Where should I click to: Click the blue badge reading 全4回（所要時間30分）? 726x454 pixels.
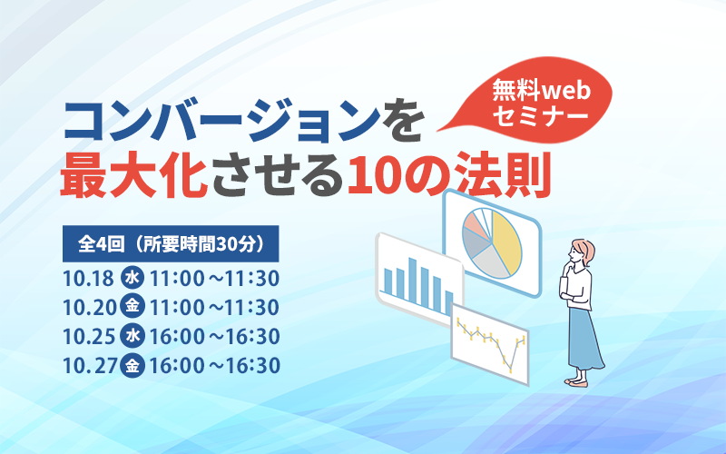tap(171, 243)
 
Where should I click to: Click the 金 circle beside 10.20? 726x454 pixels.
tap(132, 307)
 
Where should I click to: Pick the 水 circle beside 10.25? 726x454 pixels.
tap(132, 337)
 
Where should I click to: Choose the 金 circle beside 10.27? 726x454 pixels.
tap(132, 366)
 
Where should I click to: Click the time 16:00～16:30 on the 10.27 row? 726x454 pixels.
tap(214, 366)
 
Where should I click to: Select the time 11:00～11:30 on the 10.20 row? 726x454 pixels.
tap(214, 307)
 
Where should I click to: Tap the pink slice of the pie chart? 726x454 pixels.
tap(475, 223)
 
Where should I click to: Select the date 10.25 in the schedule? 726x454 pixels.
tap(87, 337)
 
